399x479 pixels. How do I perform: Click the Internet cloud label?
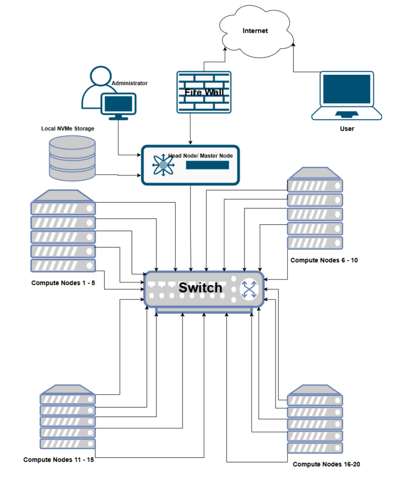255,31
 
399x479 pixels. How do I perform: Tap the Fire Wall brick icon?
204,92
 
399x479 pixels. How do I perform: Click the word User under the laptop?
347,129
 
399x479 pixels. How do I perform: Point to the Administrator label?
129,83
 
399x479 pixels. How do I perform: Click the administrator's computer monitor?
118,104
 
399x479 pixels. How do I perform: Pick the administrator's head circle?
101,75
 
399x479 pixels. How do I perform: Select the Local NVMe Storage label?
68,129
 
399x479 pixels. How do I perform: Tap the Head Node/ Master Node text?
201,156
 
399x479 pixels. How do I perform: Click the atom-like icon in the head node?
163,165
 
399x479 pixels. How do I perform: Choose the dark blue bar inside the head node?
207,165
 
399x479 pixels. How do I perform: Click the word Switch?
200,287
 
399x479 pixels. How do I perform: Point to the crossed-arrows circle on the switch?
249,289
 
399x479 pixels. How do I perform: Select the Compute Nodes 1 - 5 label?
63,283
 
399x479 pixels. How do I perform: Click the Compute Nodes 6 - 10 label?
324,260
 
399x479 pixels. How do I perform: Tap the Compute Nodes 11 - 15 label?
59,460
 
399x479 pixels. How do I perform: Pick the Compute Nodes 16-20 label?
326,464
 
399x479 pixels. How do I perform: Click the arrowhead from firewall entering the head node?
190,143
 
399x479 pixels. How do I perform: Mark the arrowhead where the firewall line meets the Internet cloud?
225,49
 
